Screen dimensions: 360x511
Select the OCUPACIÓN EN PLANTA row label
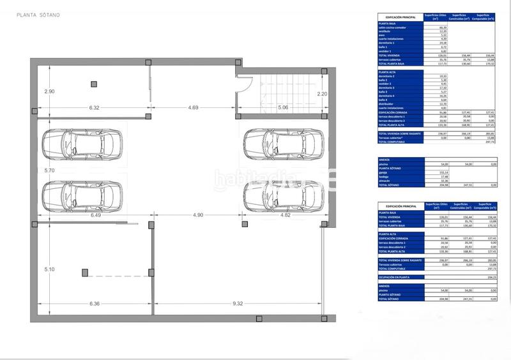pyautogui.click(x=394, y=277)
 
